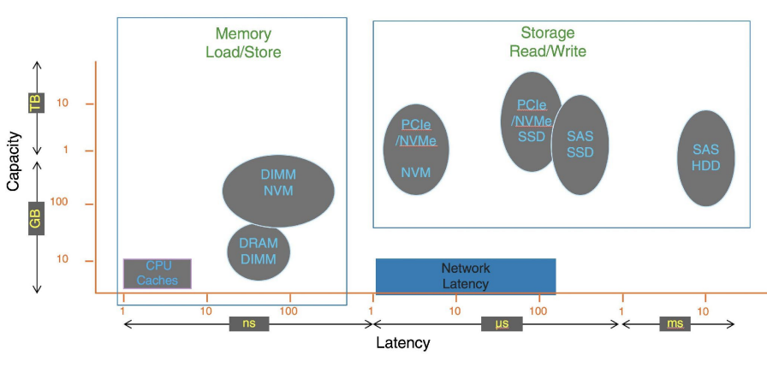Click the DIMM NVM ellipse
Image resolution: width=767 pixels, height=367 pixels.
[x=277, y=191]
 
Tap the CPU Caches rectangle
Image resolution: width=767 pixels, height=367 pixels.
[x=158, y=273]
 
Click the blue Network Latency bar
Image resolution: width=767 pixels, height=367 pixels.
[x=466, y=275]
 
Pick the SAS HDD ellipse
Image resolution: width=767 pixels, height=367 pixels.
[x=706, y=158]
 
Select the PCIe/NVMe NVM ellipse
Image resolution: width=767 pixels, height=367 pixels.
[x=416, y=149]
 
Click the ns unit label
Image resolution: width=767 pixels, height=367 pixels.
[x=248, y=324]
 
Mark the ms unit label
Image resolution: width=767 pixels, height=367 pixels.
[x=676, y=324]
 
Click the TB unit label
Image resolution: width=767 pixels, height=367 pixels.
[x=35, y=104]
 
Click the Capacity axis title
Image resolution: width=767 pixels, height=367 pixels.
[x=12, y=161]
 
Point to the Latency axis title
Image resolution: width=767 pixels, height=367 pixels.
[x=402, y=344]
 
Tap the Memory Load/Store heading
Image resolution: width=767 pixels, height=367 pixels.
[x=243, y=43]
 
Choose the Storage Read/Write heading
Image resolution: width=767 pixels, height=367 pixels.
[x=548, y=42]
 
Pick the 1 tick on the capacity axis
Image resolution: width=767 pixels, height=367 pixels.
[x=65, y=151]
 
